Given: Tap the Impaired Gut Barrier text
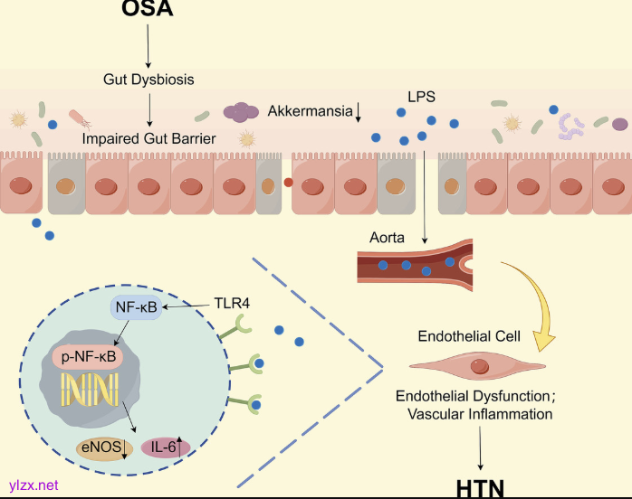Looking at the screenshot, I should [148, 138].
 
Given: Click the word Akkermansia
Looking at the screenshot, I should [311, 111].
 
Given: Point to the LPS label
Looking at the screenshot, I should [421, 95].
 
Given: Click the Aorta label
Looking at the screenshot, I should [387, 238].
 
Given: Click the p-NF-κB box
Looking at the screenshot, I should [88, 357].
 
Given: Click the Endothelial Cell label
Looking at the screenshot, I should [469, 336].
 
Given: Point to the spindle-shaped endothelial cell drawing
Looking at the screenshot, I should [476, 366].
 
